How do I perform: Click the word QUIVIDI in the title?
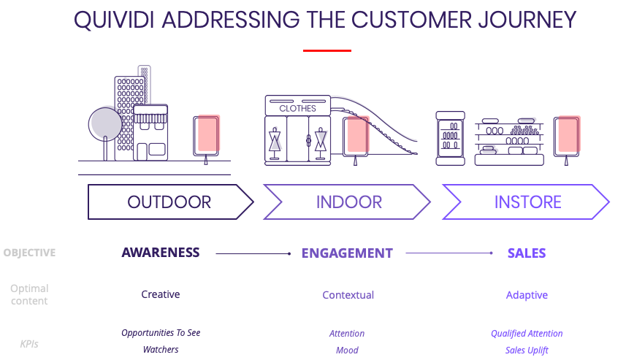point(114,20)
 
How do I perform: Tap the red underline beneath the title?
point(327,50)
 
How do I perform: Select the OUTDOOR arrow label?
point(169,202)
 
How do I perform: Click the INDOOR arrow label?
point(349,202)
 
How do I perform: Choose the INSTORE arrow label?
point(528,202)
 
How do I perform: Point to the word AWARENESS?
point(161,253)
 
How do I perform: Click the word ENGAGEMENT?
point(347,253)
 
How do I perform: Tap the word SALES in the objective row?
point(527,253)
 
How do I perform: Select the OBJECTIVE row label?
point(29,253)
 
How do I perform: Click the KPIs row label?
point(29,344)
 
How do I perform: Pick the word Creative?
point(161,294)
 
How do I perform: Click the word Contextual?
point(348,295)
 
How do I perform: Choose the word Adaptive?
point(527,295)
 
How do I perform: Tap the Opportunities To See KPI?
point(161,333)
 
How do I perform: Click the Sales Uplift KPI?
point(527,350)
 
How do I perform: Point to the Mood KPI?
point(347,350)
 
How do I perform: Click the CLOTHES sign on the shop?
point(297,109)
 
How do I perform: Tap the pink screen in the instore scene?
point(569,134)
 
